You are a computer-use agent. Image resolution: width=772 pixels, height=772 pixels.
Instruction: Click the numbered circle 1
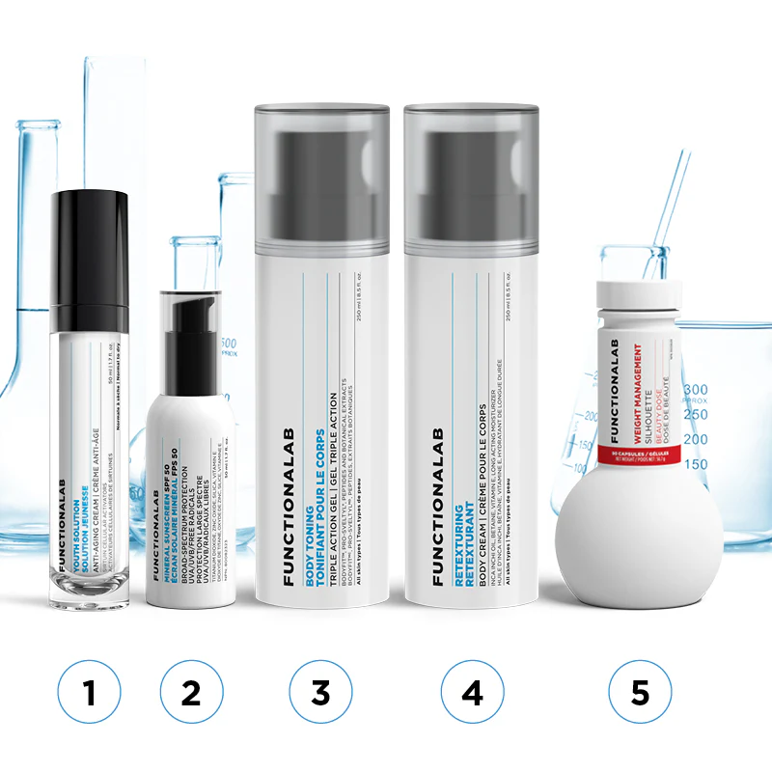(89, 693)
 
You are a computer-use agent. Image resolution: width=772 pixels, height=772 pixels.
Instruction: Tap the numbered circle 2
(191, 693)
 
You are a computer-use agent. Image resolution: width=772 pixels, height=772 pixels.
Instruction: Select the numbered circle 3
(321, 693)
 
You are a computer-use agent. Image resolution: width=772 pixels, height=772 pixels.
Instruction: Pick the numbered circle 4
(472, 693)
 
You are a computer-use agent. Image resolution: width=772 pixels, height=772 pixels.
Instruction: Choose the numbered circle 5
(640, 693)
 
